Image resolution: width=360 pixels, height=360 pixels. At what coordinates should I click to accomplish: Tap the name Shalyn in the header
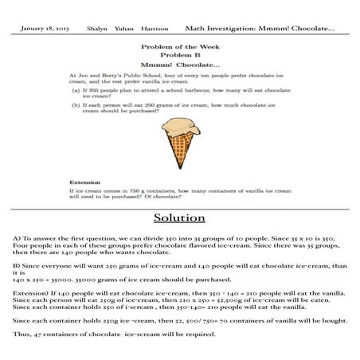[96, 28]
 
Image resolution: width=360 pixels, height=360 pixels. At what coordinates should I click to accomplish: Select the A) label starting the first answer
[17, 239]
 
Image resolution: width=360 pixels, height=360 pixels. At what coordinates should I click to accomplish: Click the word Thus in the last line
[21, 335]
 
